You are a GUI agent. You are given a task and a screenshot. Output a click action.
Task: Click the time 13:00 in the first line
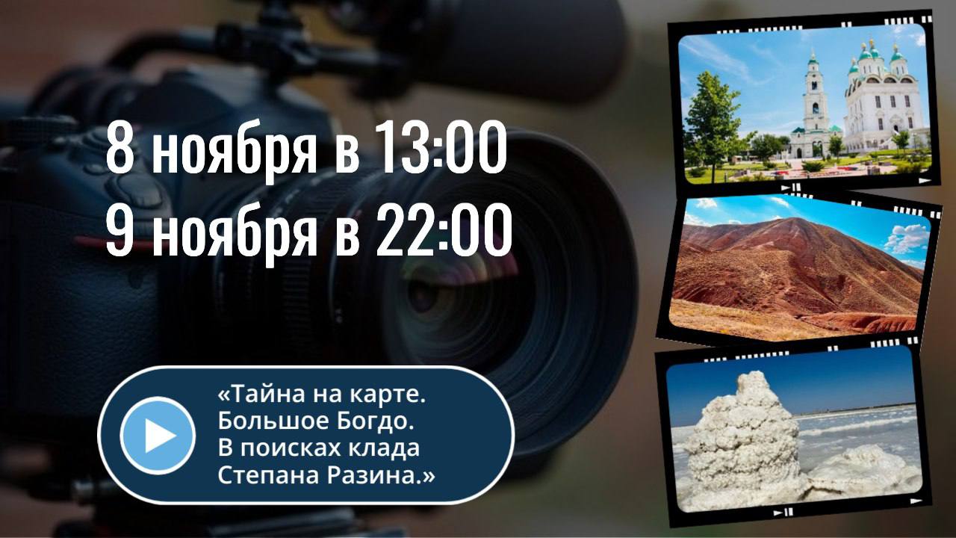coord(442,151)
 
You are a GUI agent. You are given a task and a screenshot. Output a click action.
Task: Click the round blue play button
coord(158,436)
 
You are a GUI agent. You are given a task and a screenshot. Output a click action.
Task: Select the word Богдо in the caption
coord(381,421)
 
